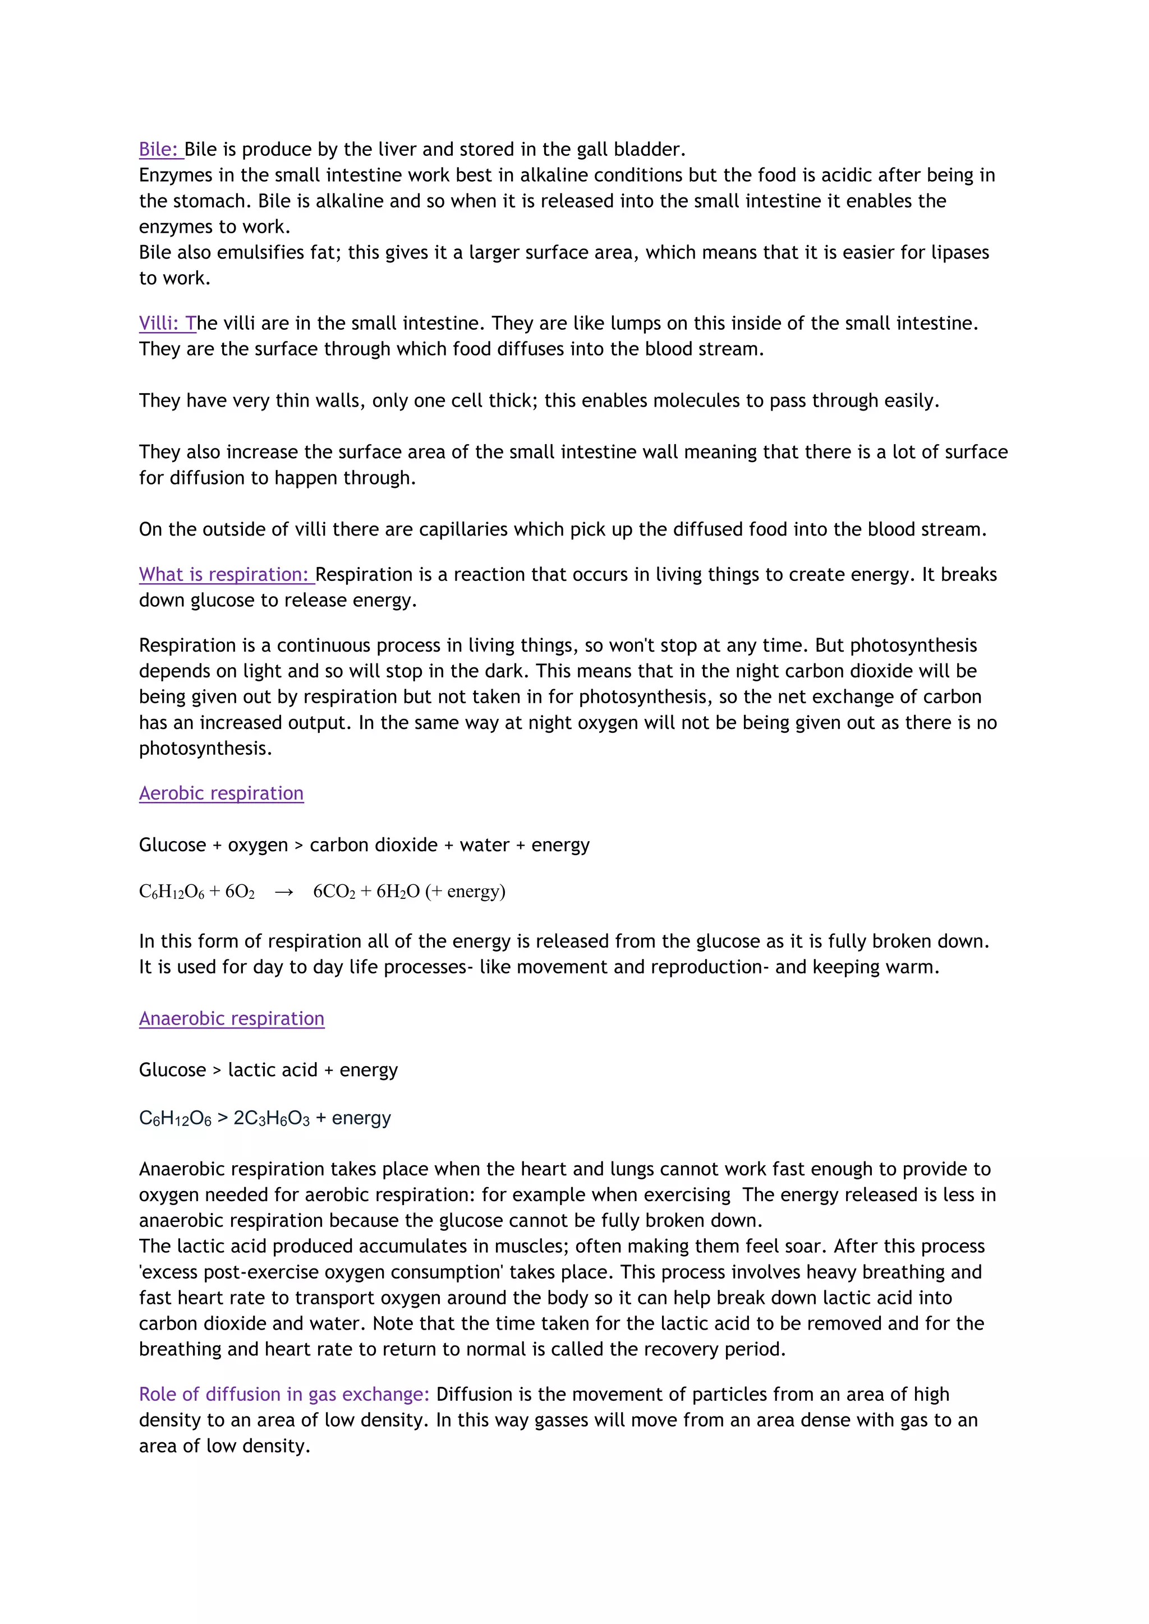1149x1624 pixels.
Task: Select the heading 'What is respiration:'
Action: coord(225,574)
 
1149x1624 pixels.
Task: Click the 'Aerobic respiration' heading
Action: coord(220,793)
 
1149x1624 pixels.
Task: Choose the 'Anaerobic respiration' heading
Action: coord(231,1018)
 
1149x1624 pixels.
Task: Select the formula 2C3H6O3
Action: coord(271,1118)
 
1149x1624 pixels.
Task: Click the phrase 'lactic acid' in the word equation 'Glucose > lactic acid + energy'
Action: coord(273,1070)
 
